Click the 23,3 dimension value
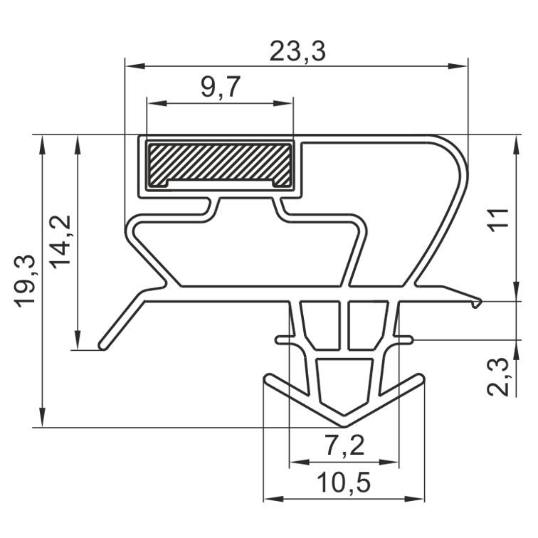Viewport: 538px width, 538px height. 297,51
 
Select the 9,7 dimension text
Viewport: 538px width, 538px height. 221,87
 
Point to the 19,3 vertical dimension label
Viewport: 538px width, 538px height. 25,281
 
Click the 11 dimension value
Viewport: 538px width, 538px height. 498,220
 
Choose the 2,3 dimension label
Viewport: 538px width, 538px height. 498,376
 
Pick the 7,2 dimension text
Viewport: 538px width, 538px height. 344,445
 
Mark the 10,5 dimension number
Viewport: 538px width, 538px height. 344,482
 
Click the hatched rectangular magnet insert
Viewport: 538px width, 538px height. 220,166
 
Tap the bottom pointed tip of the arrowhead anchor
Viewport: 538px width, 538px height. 344,426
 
